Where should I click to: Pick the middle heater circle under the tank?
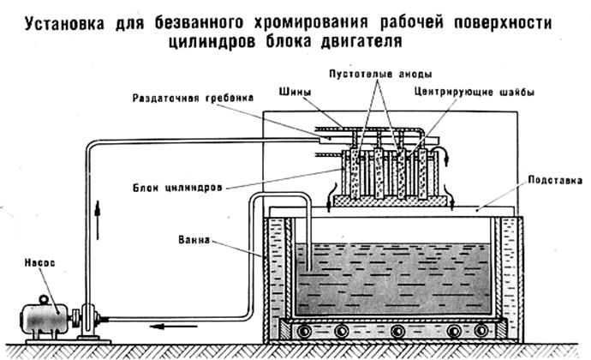pos(395,331)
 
